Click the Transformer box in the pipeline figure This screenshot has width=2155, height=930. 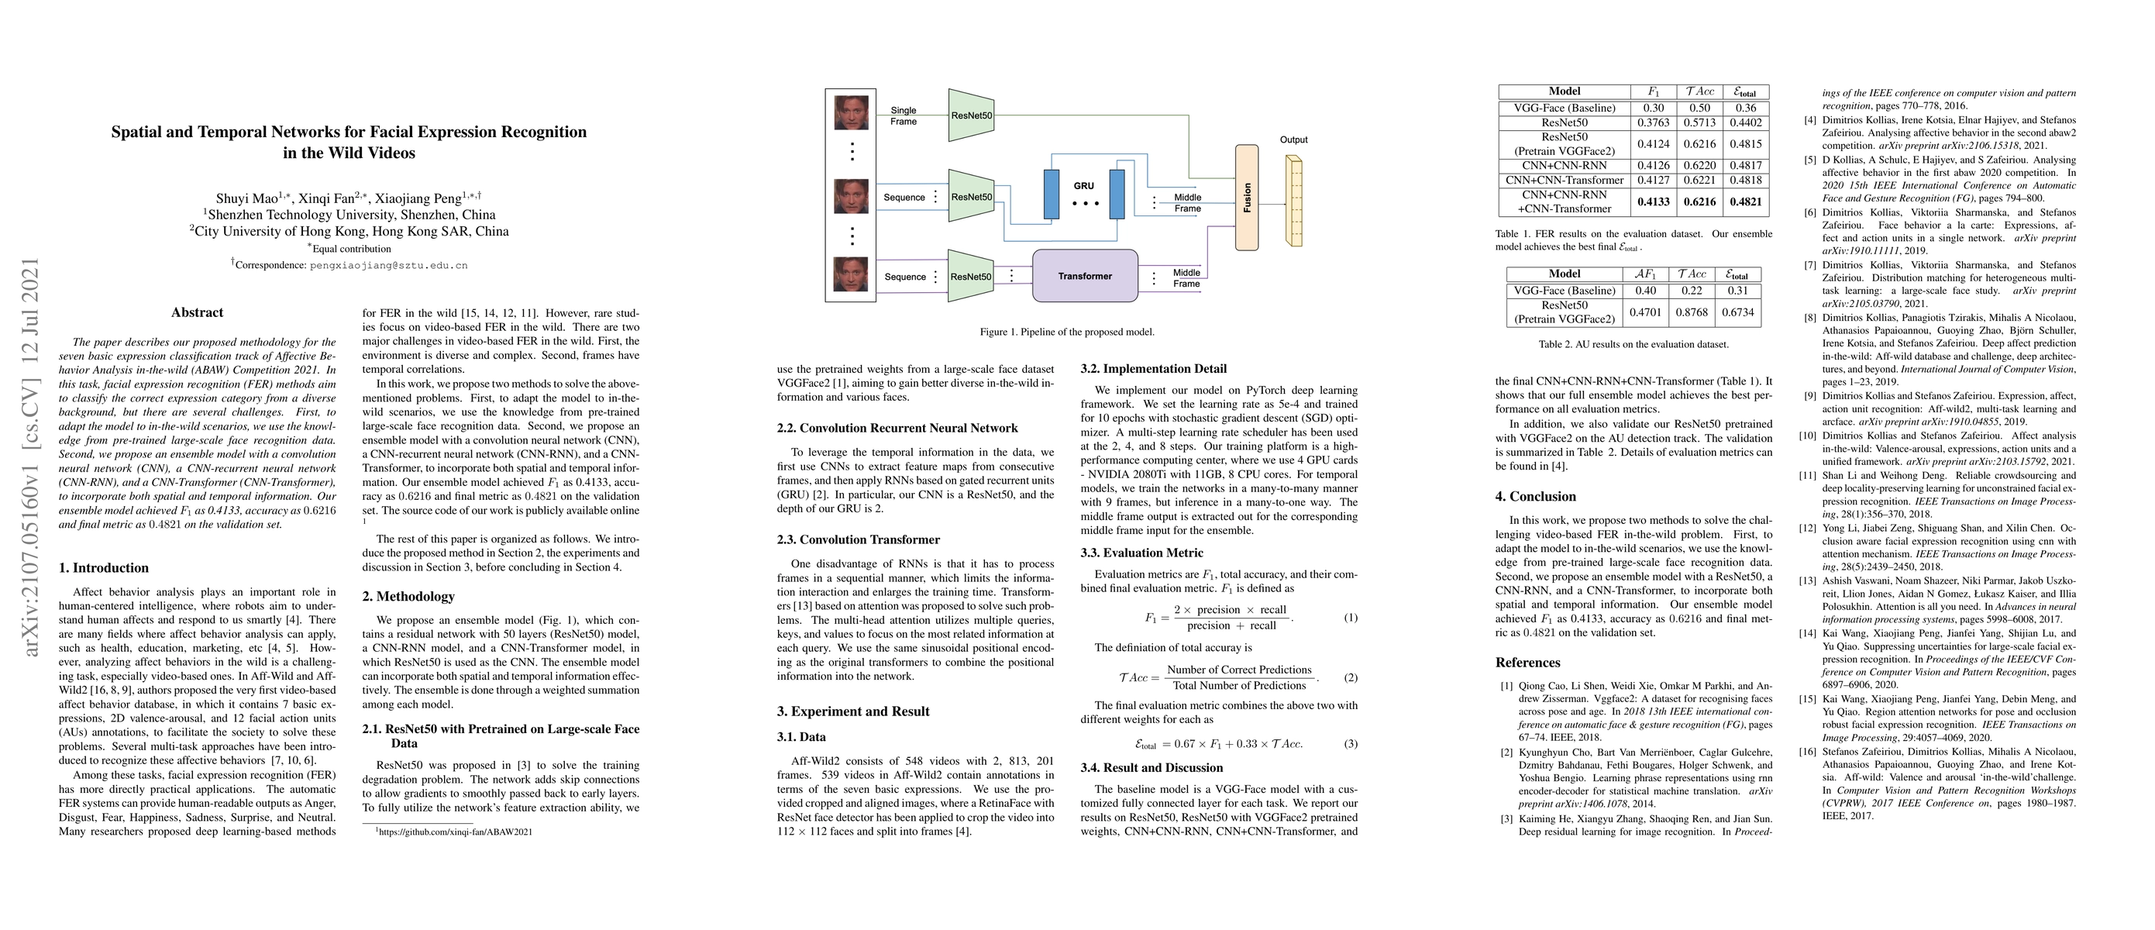tap(1084, 276)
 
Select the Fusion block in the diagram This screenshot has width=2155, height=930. tap(1247, 198)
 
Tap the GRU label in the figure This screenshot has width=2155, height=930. tap(1083, 187)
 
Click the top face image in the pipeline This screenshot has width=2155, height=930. tap(851, 113)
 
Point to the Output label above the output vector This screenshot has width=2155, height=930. tap(1293, 139)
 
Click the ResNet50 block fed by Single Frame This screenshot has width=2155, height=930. tap(971, 115)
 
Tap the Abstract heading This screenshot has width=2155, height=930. tap(197, 313)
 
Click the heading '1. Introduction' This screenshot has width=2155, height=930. tap(104, 568)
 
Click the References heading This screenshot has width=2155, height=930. tap(1527, 663)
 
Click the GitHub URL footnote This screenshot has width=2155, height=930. tap(453, 832)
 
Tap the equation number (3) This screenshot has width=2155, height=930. tap(1350, 743)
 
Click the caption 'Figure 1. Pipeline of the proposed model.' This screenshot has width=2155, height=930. tap(1066, 332)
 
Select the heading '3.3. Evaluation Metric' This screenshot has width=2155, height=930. tap(1141, 553)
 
